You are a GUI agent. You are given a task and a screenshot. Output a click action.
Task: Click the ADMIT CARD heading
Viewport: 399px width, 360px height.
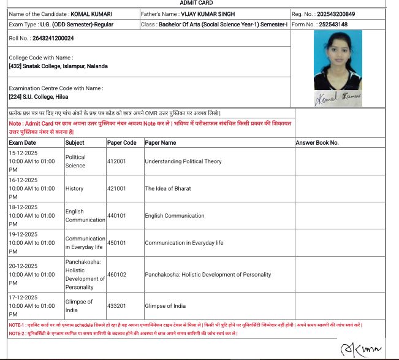tap(197, 3)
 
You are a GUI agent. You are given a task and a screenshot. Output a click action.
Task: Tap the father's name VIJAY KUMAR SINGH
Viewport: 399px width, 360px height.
tap(209, 13)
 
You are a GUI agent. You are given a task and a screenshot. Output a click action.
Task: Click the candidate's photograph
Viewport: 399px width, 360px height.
tap(338, 60)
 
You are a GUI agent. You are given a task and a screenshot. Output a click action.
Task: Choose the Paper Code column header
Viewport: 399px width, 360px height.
tap(121, 143)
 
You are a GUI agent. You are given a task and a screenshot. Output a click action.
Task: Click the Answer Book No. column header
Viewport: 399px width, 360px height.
tap(317, 143)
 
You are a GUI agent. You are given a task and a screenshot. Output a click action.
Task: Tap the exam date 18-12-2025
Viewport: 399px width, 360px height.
tap(23, 207)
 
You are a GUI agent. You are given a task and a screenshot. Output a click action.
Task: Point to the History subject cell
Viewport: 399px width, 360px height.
tap(74, 189)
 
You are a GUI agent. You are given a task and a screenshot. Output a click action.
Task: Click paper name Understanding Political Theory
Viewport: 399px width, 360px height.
tap(183, 161)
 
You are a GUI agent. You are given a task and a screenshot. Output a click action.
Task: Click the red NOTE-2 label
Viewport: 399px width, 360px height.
tap(17, 333)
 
